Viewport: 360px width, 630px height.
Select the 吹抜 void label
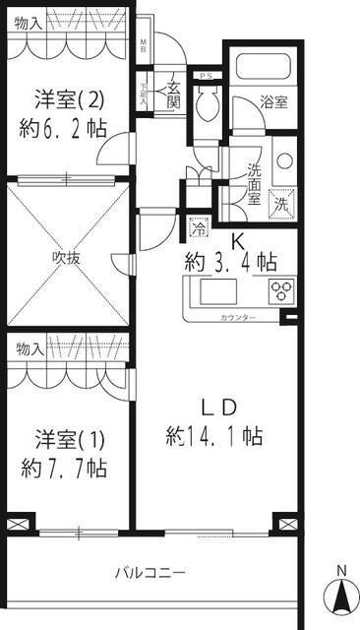[66, 259]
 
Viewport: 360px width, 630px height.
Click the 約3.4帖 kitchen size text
[231, 262]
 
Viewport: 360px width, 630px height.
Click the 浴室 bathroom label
[273, 102]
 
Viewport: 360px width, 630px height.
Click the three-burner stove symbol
[282, 290]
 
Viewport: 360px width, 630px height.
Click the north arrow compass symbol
[341, 593]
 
